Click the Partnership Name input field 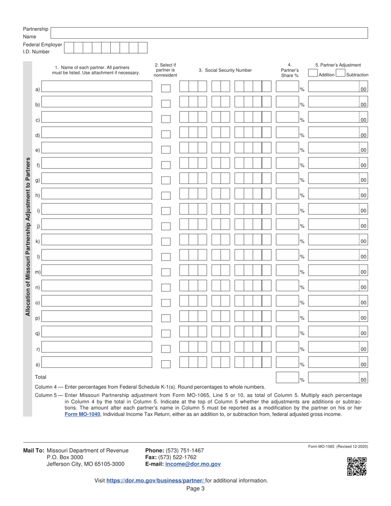tap(209, 33)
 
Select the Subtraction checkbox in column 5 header tap(340, 74)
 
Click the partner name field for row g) tap(97, 179)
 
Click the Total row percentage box tap(287, 377)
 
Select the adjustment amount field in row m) tap(333, 270)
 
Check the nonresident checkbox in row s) tap(166, 364)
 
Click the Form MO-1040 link tap(82, 414)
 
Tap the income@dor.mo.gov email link tap(193, 464)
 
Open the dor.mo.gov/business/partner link tap(155, 480)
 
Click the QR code tap(356, 467)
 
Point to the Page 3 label tap(195, 489)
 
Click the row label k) tap(37, 241)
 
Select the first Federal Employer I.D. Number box tap(69, 48)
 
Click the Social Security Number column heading tap(225, 70)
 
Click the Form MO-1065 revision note tap(337, 446)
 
